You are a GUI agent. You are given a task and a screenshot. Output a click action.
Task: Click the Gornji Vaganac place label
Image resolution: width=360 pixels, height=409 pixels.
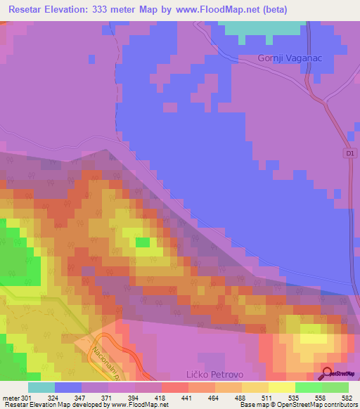coord(290,58)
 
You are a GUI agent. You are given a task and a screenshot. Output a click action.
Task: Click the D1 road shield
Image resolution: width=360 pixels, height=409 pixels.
coord(350,152)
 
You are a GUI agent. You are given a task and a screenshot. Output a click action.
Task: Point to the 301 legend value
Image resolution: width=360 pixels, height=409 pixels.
coord(27,397)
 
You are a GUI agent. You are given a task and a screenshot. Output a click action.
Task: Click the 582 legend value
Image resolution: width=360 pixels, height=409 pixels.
coord(348,397)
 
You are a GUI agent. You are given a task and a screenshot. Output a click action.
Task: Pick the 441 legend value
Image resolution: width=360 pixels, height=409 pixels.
coord(187,397)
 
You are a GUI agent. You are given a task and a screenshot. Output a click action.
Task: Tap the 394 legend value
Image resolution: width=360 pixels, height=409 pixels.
coord(134,397)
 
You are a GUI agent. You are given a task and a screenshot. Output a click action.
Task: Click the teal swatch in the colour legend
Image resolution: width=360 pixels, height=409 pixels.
coord(41,387)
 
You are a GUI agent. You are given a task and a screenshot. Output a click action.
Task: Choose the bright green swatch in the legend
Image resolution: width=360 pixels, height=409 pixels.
coord(309,387)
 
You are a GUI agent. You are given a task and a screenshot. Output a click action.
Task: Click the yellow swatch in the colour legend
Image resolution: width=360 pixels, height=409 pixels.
coord(282,387)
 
